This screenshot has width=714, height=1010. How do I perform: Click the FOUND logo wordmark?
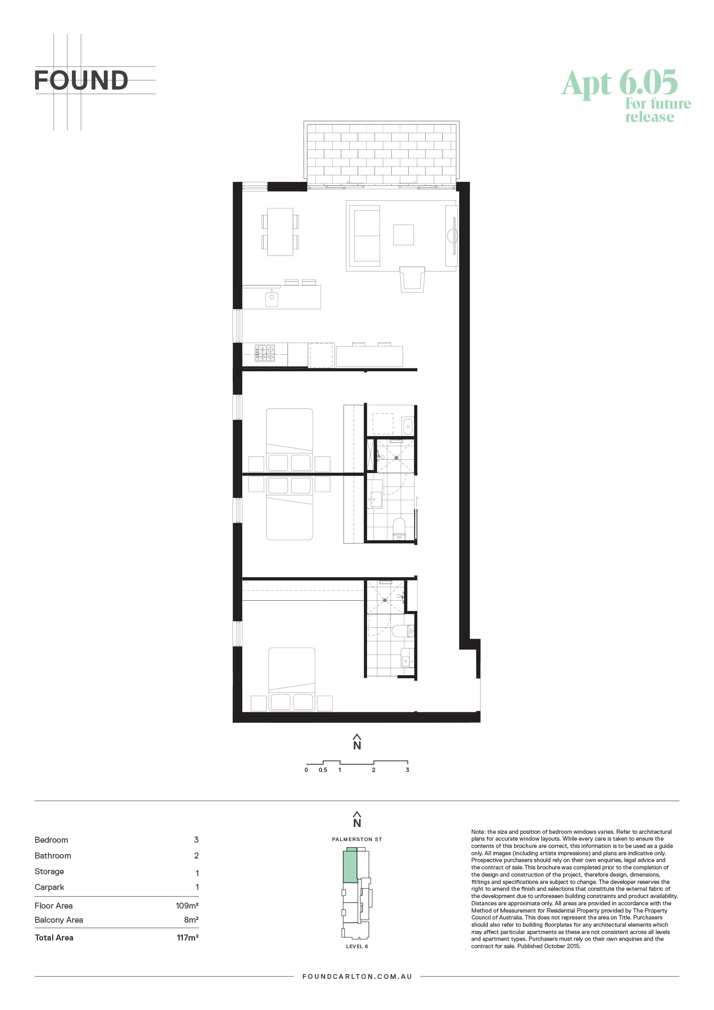[81, 80]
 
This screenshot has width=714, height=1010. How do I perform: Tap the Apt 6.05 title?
[619, 83]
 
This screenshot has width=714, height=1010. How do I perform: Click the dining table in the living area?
[280, 232]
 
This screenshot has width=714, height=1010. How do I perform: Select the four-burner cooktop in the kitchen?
[265, 353]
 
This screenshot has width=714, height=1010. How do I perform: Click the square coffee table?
[403, 234]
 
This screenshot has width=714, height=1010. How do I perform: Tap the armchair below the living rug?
[412, 279]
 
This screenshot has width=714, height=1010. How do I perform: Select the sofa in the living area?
[365, 236]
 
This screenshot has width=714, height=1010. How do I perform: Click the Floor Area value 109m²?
[187, 905]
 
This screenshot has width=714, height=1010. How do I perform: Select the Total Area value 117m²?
[187, 937]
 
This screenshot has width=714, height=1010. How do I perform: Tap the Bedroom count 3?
[196, 840]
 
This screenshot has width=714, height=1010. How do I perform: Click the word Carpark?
[49, 887]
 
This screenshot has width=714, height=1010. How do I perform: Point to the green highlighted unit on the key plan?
[351, 865]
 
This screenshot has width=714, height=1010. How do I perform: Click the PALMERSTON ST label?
[357, 840]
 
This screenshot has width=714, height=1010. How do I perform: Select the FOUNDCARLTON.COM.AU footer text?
[357, 976]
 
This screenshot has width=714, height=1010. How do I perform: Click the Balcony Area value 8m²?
[191, 920]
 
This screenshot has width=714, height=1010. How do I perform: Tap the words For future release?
[658, 110]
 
